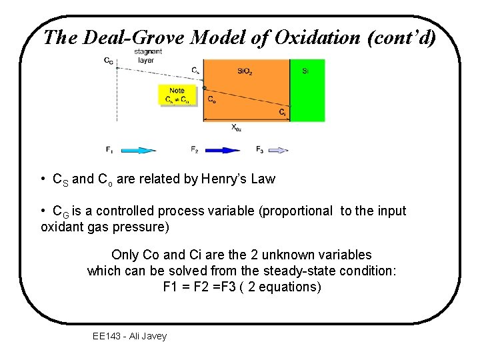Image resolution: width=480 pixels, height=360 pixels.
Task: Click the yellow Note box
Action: [x=177, y=95]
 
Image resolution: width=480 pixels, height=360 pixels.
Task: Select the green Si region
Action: [x=307, y=90]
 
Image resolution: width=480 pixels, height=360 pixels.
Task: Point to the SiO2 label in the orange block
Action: [x=245, y=70]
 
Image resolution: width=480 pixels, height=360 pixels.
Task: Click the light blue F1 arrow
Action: [x=138, y=150]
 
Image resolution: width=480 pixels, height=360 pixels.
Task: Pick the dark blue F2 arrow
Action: [x=222, y=150]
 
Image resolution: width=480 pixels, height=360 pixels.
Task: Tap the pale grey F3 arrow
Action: [x=278, y=150]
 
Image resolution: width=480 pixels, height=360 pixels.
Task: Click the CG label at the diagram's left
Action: [x=108, y=61]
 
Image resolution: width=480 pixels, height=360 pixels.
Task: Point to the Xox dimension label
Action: [x=237, y=127]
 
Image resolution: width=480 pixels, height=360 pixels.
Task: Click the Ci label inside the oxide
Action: [x=283, y=112]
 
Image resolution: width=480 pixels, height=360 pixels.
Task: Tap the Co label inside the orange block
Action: [x=211, y=100]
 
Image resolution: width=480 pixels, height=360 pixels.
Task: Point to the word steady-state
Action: [x=292, y=271]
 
